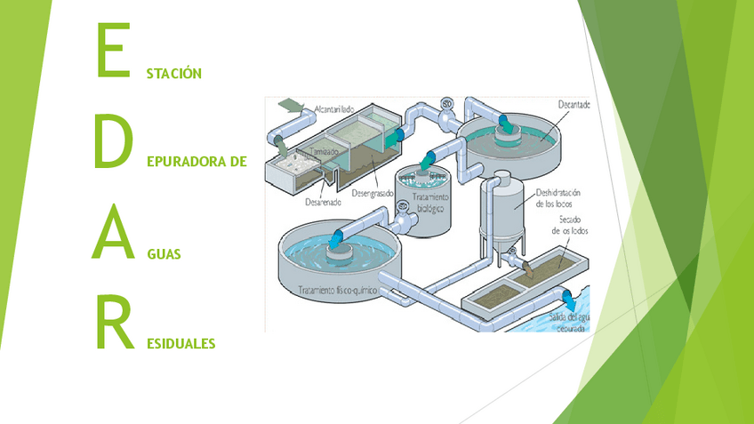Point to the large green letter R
(x=113, y=324)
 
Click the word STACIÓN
(x=174, y=73)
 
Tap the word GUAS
(x=164, y=254)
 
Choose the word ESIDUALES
(x=181, y=343)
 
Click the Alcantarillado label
(x=334, y=109)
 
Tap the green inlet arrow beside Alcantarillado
(x=288, y=104)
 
